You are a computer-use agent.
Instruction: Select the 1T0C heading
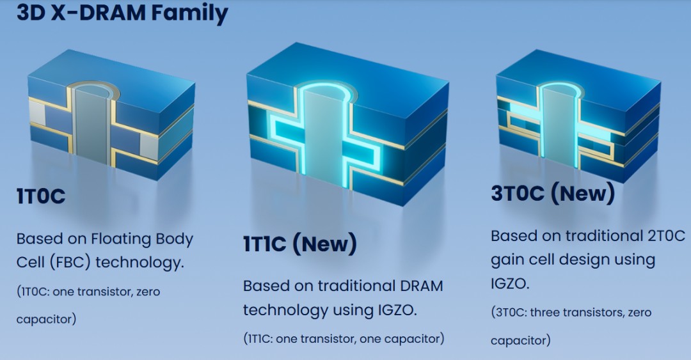(x=41, y=196)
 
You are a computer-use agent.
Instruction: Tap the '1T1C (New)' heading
(x=299, y=244)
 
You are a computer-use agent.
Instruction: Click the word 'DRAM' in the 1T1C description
(x=420, y=285)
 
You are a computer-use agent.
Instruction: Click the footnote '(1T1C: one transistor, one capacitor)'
(x=344, y=338)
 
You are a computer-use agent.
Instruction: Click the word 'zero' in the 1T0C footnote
(x=147, y=292)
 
